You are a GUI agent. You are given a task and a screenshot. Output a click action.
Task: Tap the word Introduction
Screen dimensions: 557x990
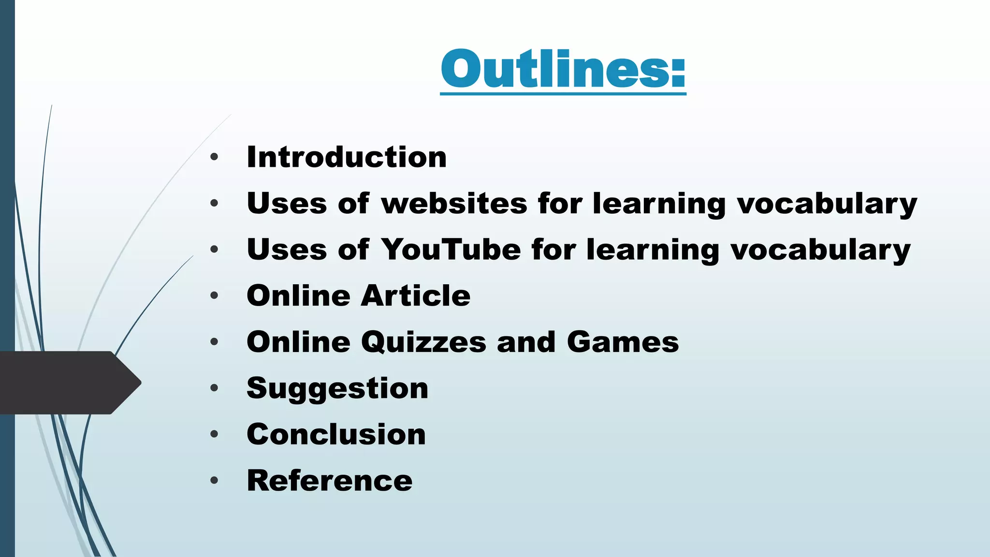[347, 157]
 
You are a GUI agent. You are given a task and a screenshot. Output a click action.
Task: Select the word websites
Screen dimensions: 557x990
[454, 203]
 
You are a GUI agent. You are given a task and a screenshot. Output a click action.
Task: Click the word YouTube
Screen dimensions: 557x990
[451, 249]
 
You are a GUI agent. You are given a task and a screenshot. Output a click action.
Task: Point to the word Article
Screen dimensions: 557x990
[416, 295]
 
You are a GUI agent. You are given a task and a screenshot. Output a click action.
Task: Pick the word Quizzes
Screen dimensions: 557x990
[423, 342]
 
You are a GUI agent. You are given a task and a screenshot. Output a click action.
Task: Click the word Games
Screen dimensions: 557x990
[623, 342]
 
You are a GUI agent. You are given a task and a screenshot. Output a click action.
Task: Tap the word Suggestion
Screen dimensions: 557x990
[337, 388]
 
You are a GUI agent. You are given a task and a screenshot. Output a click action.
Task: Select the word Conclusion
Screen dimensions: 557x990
[336, 434]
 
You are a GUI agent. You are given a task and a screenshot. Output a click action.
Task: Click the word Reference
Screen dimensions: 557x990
[330, 481]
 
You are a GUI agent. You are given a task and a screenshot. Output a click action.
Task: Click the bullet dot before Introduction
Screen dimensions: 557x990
[214, 157]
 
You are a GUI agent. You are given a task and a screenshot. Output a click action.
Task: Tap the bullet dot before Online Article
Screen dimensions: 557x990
[214, 295]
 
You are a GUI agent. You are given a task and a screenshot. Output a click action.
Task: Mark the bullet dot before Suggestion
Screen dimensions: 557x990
[214, 388]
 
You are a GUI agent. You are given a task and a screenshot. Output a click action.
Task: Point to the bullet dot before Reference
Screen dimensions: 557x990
[214, 481]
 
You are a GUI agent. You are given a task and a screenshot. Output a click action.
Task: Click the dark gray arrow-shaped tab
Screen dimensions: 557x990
[68, 382]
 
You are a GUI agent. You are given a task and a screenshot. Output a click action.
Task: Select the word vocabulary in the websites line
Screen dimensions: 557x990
[827, 204]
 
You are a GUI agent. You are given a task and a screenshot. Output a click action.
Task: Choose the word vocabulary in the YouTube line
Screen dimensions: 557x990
[820, 250]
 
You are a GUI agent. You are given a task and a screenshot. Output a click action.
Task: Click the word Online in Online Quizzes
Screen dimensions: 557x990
[298, 342]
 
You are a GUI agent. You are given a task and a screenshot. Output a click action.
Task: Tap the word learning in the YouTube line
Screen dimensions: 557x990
[653, 250]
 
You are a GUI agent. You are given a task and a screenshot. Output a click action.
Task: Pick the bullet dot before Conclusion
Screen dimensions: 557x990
[214, 434]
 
